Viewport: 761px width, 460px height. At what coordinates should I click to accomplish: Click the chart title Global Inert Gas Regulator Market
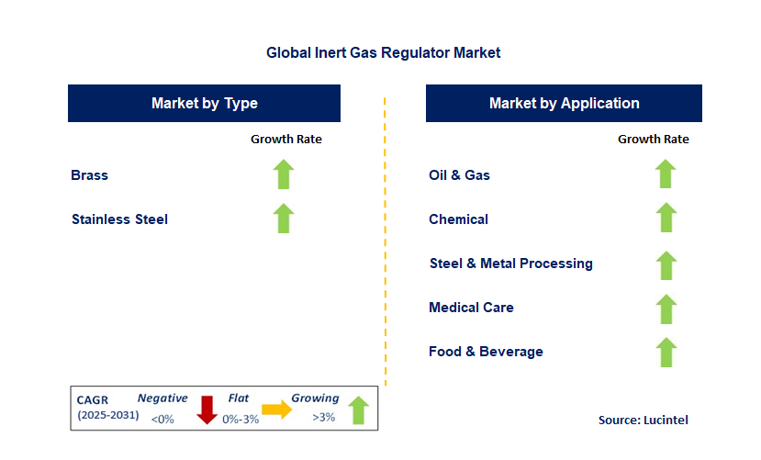pos(383,53)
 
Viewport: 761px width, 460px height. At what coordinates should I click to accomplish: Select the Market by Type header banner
pos(204,103)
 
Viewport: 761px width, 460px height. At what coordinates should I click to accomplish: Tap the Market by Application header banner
pos(564,103)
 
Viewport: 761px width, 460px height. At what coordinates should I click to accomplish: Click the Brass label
pos(89,174)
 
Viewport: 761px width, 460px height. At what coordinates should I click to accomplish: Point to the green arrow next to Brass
pos(284,174)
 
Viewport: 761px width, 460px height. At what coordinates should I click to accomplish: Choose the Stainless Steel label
pos(119,219)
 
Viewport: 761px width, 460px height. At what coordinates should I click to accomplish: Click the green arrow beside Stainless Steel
pos(284,219)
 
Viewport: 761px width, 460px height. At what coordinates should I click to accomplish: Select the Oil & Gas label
pos(459,174)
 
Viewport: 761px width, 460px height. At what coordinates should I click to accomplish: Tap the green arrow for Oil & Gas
pos(666,174)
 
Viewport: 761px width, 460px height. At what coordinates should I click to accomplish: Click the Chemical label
pos(458,219)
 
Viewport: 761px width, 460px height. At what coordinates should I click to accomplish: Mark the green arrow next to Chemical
pos(666,219)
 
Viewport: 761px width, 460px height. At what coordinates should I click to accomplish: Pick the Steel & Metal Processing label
pos(510,264)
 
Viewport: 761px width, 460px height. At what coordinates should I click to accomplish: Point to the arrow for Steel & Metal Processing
pos(666,264)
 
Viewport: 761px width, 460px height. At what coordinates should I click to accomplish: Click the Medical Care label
pos(471,308)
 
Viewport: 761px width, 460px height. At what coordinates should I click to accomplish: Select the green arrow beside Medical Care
pos(666,308)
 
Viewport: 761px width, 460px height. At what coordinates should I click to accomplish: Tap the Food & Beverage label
pos(486,352)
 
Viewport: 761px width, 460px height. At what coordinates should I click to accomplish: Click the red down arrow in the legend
pos(207,410)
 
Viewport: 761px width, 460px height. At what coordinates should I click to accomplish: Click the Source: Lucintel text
pos(643,420)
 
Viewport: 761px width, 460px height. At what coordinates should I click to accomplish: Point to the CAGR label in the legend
pos(92,399)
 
